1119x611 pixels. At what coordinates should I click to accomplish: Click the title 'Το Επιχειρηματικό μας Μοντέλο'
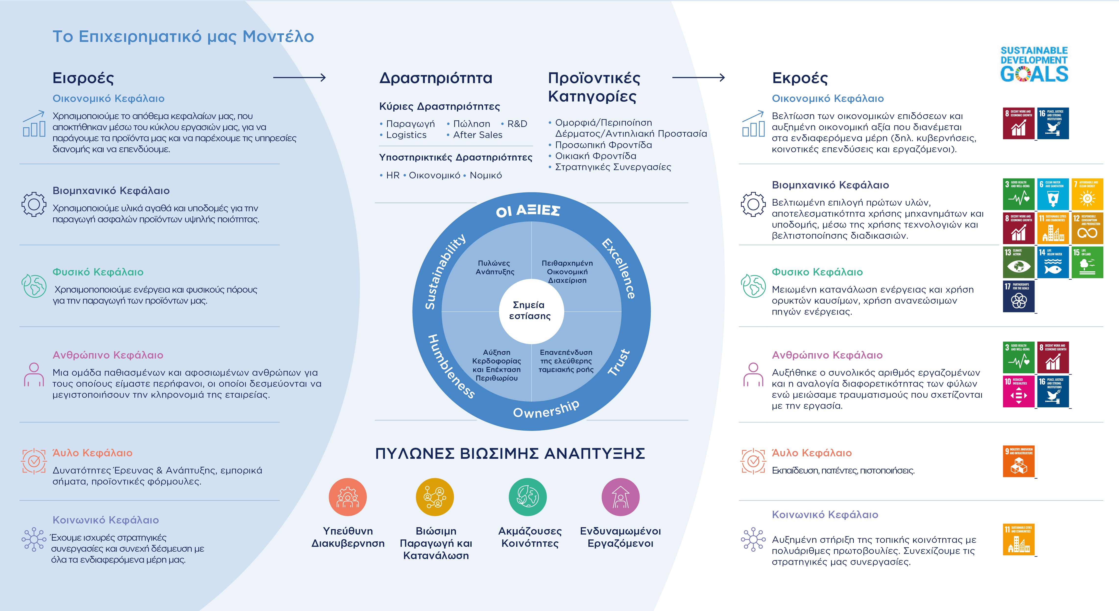pos(183,37)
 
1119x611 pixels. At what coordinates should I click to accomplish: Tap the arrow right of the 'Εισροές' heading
pos(299,78)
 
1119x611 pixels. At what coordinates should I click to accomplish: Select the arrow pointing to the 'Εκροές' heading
pos(698,78)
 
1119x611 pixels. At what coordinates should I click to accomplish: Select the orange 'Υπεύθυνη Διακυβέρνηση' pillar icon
pos(347,497)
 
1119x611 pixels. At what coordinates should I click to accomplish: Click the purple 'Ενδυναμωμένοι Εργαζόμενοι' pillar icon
pos(620,497)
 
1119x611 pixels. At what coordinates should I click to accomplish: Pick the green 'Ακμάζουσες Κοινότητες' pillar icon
pos(527,497)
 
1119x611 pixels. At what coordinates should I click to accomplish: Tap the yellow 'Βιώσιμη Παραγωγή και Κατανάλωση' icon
pos(435,497)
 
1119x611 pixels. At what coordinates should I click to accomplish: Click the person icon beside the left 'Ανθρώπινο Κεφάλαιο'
pos(34,374)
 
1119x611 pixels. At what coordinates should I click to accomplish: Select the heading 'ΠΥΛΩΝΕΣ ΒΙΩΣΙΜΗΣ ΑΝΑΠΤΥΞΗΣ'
pos(510,454)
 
